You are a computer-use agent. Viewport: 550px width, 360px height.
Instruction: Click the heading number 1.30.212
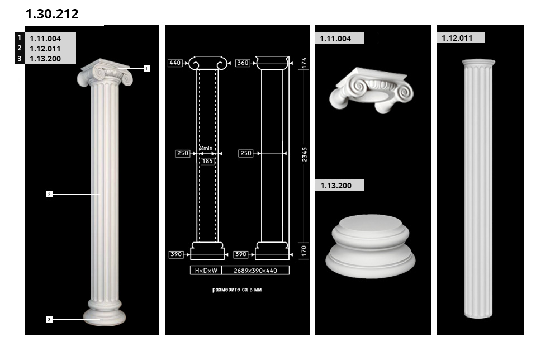click(52, 14)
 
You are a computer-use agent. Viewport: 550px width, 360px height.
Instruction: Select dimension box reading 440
click(175, 63)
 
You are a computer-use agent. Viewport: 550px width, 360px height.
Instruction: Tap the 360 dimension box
click(243, 63)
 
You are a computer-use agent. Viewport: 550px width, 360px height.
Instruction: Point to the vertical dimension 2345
click(304, 154)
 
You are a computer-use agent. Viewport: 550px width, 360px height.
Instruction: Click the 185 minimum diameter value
click(207, 161)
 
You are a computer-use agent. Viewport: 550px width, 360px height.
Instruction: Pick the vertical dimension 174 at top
click(304, 63)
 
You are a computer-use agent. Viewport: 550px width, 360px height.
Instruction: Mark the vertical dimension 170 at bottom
click(304, 250)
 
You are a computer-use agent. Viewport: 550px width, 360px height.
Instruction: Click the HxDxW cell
click(206, 271)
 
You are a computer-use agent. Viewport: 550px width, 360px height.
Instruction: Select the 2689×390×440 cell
click(255, 271)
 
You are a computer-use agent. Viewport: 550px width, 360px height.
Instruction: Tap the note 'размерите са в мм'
click(237, 290)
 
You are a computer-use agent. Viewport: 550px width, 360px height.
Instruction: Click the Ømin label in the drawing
click(206, 148)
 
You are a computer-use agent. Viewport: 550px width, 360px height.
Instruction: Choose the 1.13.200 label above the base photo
click(336, 186)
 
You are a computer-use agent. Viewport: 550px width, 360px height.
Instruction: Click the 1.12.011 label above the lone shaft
click(457, 38)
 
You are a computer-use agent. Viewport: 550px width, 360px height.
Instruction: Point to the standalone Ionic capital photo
click(372, 91)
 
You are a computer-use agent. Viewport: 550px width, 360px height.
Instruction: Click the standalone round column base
click(371, 247)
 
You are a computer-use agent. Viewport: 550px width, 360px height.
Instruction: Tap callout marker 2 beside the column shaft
click(49, 194)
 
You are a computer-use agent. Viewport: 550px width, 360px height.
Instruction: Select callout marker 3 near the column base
click(49, 319)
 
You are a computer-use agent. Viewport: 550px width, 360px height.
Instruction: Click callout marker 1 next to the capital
click(146, 68)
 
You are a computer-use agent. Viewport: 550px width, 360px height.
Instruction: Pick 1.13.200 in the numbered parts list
click(45, 59)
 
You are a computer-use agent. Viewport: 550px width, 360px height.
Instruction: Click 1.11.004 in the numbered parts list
click(45, 39)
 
